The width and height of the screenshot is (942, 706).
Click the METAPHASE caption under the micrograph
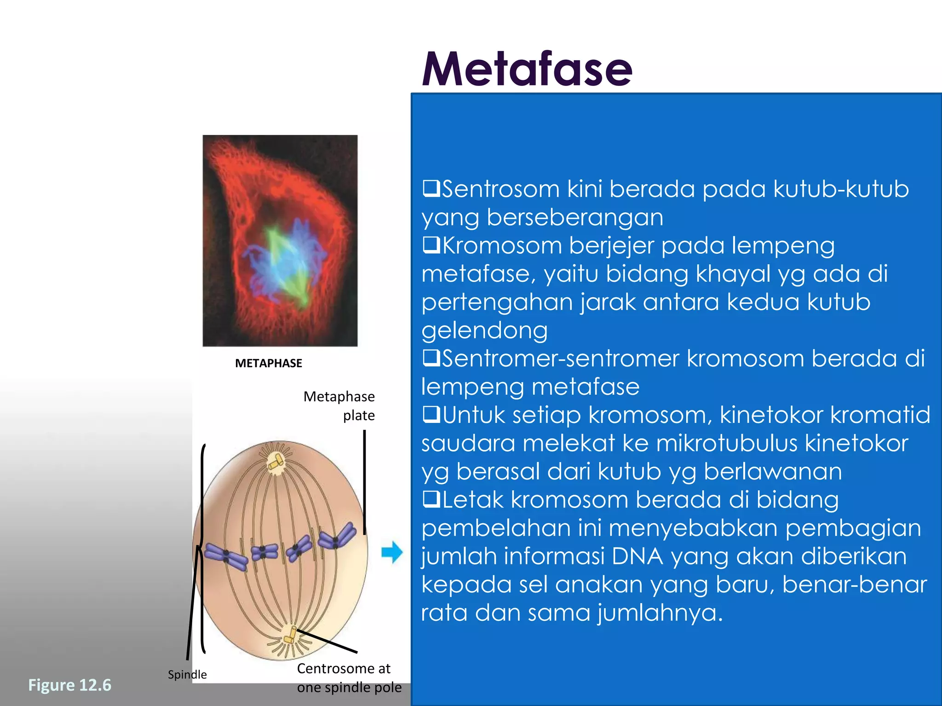coord(268,363)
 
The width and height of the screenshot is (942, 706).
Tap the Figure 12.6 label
coord(69,685)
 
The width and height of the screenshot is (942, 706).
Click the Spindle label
coord(187,674)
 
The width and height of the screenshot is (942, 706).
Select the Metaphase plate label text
coord(339,405)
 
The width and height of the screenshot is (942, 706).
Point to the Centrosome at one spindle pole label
coord(349,678)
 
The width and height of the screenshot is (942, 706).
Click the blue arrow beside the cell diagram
coord(392,552)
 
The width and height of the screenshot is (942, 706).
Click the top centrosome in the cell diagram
coord(276,462)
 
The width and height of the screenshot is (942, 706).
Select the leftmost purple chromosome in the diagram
coord(226,556)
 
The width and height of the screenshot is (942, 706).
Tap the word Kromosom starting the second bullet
coord(501,245)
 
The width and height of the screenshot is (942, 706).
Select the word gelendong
coord(484,330)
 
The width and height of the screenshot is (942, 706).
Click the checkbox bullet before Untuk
coord(431,415)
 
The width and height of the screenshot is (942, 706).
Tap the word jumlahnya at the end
coord(660,613)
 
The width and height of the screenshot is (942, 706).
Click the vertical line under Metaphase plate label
coord(365,483)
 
